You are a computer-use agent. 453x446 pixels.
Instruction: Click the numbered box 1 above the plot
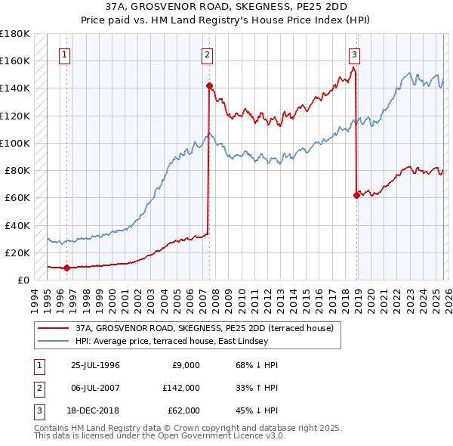coord(65,54)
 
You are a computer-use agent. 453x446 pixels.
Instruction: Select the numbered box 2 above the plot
coord(207,54)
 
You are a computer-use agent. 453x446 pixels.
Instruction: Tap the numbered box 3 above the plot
coord(354,54)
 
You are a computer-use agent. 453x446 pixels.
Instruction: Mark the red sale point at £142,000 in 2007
coord(209,85)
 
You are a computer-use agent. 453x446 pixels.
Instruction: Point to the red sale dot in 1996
coord(67,268)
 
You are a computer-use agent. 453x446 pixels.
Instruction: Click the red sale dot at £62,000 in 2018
coord(356,195)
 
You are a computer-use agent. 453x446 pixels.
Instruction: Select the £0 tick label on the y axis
coord(23,280)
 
